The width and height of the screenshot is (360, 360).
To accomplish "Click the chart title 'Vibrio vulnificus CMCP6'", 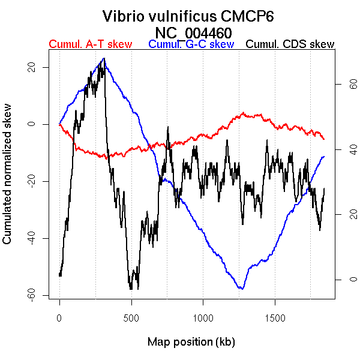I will tap(188, 16).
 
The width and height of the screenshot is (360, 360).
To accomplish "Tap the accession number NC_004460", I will tap(193, 32).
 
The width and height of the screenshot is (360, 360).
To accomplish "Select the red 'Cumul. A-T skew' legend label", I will tap(90, 44).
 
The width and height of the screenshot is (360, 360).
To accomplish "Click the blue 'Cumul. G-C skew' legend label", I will tap(191, 44).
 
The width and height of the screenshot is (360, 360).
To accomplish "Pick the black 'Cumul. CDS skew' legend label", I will tap(290, 44).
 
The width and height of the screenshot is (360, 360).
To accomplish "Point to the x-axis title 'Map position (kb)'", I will tap(191, 342).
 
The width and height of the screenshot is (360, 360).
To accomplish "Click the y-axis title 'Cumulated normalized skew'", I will tap(8, 181).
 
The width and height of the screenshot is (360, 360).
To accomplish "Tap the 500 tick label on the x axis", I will tap(131, 318).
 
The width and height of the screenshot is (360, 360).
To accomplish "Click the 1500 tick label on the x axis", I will tap(275, 318).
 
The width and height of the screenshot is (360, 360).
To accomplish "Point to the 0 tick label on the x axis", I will tap(59, 318).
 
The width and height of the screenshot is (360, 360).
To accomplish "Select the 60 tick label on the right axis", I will tap(338, 85).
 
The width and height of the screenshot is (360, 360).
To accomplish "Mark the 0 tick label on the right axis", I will tap(338, 280).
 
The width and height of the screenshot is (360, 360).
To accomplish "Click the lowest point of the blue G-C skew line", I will tap(241, 289).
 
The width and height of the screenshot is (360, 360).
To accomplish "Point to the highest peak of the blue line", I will tap(104, 58).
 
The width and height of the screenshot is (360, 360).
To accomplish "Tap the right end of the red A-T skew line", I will tap(324, 139).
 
